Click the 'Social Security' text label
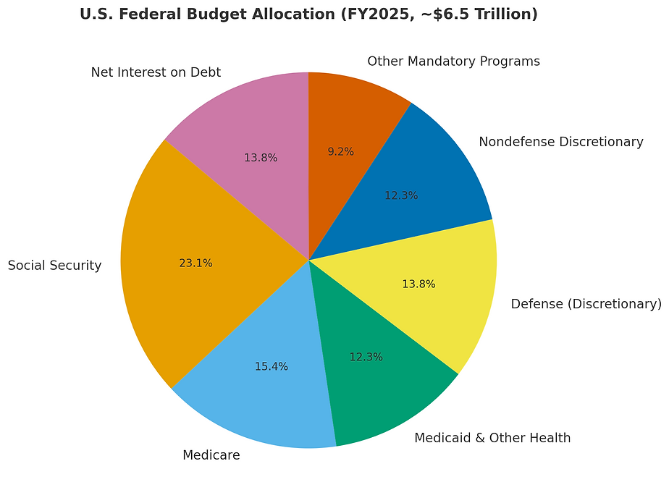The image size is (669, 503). [x=54, y=266]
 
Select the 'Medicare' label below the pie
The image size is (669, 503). [x=211, y=455]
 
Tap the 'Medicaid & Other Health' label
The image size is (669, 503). [x=492, y=438]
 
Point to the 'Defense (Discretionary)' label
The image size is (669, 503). [x=586, y=304]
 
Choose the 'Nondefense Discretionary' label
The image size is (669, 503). [x=561, y=142]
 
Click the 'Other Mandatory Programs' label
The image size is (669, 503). [x=453, y=62]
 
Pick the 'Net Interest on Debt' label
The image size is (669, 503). [x=156, y=72]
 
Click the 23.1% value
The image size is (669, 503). [x=195, y=263]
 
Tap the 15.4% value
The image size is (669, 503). [x=271, y=367]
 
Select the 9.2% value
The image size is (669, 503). [x=340, y=152]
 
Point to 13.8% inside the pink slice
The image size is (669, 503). [x=260, y=158]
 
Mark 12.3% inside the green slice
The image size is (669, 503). [x=366, y=357]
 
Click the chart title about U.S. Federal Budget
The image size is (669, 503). [x=308, y=14]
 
